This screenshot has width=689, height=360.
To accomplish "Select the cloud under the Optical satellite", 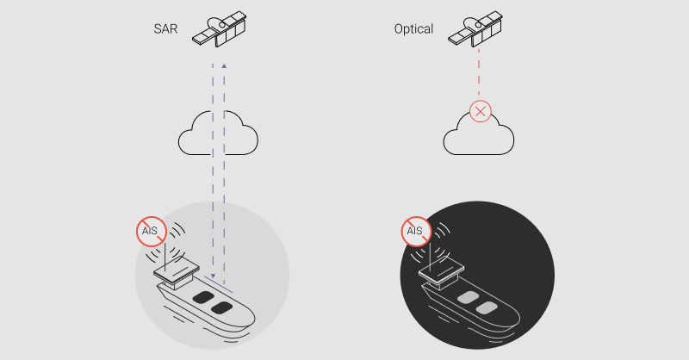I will point(480,136).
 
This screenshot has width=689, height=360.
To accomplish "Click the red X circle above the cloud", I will point(481,111).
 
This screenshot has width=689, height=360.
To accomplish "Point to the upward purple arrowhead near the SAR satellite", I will point(224,65).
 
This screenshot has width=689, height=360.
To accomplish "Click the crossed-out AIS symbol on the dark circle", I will point(415,231).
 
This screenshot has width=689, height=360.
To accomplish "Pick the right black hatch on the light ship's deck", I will point(222,307).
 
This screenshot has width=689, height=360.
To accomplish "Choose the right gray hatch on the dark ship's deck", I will point(487,307).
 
